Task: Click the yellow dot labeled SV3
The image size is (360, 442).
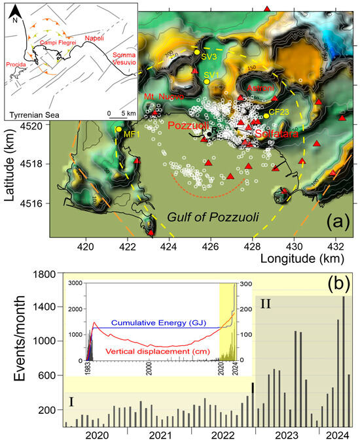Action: [198, 52]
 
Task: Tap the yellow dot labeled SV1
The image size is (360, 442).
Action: [206, 82]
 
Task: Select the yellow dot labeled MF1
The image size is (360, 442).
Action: [118, 129]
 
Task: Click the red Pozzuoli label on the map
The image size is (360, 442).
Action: [189, 126]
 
